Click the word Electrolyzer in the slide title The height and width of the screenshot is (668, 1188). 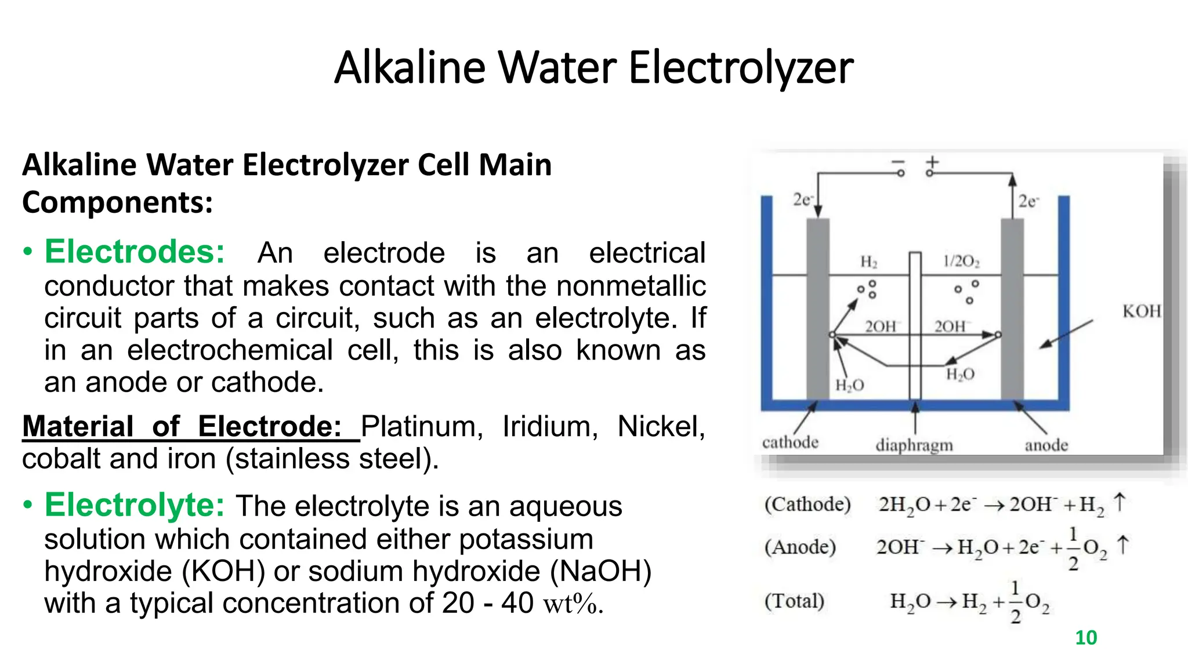click(x=740, y=68)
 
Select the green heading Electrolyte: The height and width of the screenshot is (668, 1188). click(x=135, y=504)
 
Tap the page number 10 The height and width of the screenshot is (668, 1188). click(x=1086, y=637)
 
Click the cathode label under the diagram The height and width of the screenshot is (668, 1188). click(x=790, y=442)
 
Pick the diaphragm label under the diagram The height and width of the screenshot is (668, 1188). click(x=914, y=445)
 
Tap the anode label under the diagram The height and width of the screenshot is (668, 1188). click(x=1046, y=445)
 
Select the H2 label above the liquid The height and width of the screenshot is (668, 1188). click(x=868, y=262)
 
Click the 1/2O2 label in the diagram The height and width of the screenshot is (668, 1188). click(x=961, y=262)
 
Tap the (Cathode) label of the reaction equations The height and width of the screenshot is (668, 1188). click(x=807, y=504)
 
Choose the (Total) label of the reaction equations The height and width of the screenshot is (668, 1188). click(x=794, y=601)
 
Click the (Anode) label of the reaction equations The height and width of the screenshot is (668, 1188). click(x=800, y=547)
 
